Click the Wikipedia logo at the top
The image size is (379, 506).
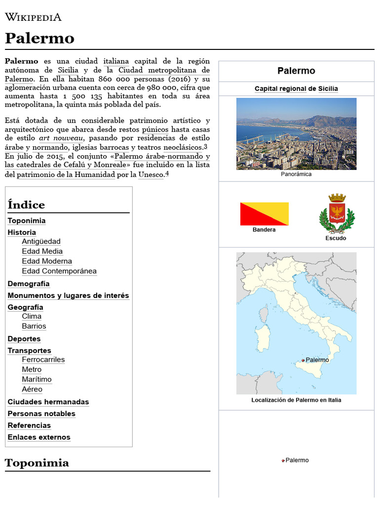click(x=33, y=17)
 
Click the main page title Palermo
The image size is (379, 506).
click(x=39, y=38)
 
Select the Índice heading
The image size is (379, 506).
click(x=26, y=205)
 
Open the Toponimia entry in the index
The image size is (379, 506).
click(x=27, y=221)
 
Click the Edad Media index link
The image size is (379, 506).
click(x=42, y=251)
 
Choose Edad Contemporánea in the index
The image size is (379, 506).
click(x=59, y=271)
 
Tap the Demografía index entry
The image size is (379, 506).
click(x=29, y=284)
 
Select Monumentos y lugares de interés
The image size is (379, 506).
click(x=68, y=295)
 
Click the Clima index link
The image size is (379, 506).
click(x=32, y=316)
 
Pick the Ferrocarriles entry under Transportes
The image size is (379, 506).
click(x=43, y=360)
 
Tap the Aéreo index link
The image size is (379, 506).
click(x=32, y=389)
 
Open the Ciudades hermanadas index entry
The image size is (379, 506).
click(x=48, y=402)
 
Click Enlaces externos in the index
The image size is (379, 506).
click(x=39, y=437)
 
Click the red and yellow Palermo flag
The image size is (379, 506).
click(x=264, y=213)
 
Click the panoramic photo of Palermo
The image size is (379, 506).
click(x=296, y=133)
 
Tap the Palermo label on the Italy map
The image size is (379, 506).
click(x=317, y=360)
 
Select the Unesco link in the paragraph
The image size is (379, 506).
click(x=151, y=174)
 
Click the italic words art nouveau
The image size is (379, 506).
click(x=61, y=138)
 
